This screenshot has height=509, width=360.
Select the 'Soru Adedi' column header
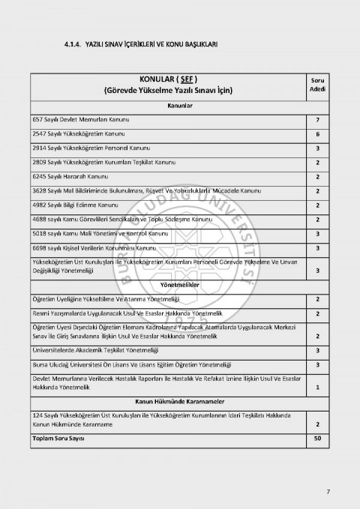317,85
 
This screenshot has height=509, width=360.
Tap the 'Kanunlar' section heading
178,106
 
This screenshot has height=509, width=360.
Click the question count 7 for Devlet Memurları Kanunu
317,120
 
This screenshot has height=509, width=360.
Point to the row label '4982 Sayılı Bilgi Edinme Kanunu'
85,205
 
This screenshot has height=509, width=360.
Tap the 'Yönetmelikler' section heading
178,286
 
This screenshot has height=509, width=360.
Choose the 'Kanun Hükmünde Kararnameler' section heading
178,402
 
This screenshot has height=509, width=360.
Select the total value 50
317,438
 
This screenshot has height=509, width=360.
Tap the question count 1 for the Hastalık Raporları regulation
317,388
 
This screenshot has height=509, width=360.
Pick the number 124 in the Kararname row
38,415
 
